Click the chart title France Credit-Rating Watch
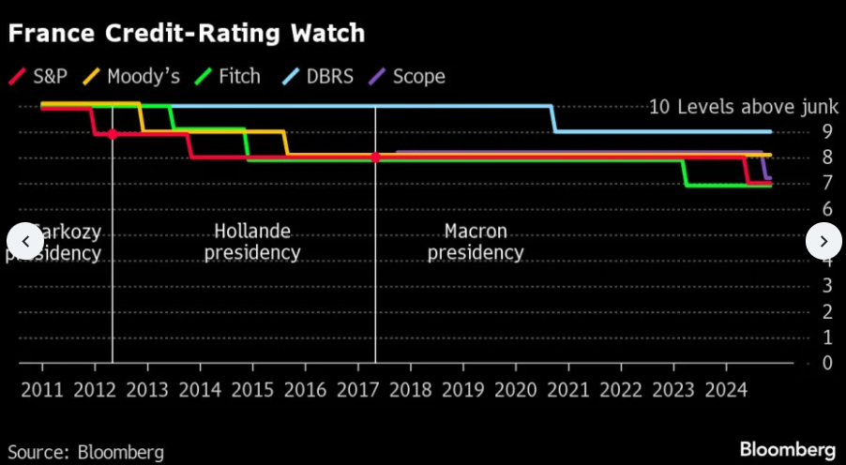186,34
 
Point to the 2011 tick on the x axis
43,389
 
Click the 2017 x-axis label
357,389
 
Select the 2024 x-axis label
725,389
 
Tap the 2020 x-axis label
515,389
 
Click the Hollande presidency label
252,242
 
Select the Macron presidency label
476,242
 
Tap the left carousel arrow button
24,241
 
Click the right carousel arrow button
823,241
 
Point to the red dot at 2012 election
113,134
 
